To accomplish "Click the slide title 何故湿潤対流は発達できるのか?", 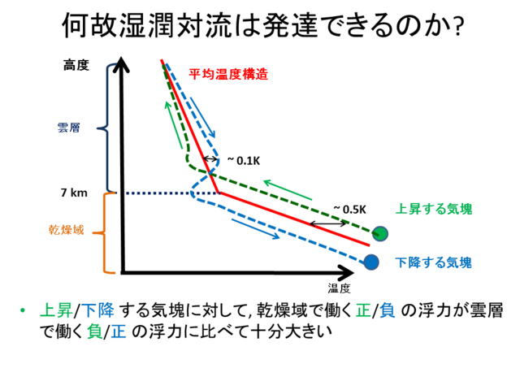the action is click(262, 25).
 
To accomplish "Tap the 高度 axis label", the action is click(76, 65).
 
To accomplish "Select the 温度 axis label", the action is click(340, 288).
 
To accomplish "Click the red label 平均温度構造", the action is click(228, 74).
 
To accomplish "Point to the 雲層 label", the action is click(68, 128).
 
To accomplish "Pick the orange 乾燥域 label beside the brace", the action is click(67, 229).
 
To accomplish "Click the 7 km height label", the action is click(74, 193).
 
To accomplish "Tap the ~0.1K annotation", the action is click(244, 161).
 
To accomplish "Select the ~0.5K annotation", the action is click(350, 210).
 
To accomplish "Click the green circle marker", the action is click(380, 233).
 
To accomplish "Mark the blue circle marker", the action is click(371, 262).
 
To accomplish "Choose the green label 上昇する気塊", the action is click(434, 209).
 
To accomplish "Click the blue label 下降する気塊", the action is click(433, 262).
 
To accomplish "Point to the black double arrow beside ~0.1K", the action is click(210, 159).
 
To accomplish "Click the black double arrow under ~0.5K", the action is click(328, 224).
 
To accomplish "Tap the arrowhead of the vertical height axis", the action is click(122, 63).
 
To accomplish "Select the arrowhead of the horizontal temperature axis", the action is click(346, 273).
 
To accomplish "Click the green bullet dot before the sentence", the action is click(23, 310).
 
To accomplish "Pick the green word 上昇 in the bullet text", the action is click(56, 310).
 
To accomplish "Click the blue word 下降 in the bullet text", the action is click(97, 310).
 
